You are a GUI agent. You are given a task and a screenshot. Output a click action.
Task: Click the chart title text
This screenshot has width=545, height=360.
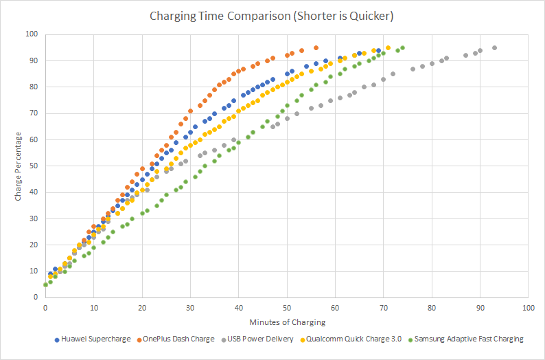[272, 15]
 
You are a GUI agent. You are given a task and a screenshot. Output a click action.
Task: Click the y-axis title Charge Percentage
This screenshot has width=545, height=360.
[19, 166]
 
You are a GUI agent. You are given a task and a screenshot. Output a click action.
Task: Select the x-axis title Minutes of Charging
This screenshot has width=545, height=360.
[286, 322]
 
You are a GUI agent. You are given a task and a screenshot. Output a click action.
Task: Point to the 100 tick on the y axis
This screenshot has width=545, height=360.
[32, 34]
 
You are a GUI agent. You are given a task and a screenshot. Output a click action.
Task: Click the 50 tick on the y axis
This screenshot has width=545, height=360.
[34, 166]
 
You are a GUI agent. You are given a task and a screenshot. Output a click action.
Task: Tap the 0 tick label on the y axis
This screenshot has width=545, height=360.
[36, 297]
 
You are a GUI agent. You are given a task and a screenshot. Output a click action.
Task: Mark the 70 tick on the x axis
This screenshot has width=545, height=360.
[383, 307]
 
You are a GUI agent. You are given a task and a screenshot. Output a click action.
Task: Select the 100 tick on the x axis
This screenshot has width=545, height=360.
[527, 307]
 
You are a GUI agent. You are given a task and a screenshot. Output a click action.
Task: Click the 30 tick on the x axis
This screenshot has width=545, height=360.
[190, 307]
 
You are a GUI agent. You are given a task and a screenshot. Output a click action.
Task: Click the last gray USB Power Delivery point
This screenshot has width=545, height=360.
[494, 47]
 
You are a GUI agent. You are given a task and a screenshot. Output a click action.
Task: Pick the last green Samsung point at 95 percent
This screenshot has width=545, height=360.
[402, 47]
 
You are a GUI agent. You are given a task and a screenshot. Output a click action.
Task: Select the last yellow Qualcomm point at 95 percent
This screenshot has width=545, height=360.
[388, 47]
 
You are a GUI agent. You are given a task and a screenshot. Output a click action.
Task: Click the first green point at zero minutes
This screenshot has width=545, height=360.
[45, 284]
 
